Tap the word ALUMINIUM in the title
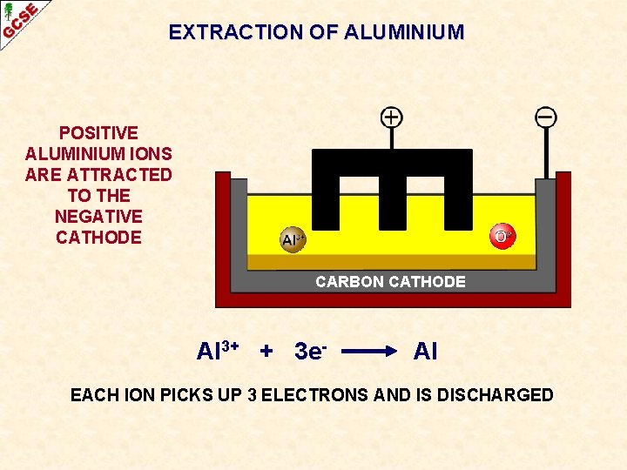pyautogui.click(x=404, y=33)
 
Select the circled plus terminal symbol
pyautogui.click(x=392, y=117)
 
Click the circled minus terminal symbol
pyautogui.click(x=546, y=117)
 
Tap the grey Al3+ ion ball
pyautogui.click(x=293, y=239)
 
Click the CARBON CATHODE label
pyautogui.click(x=390, y=282)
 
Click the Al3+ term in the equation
pyautogui.click(x=218, y=351)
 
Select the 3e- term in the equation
pyautogui.click(x=310, y=352)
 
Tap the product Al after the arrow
pyautogui.click(x=425, y=352)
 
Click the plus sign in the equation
pyautogui.click(x=266, y=352)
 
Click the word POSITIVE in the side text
pyautogui.click(x=98, y=133)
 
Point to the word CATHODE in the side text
pyautogui.click(x=98, y=238)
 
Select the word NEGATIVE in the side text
pyautogui.click(x=98, y=217)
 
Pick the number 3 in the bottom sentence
pyautogui.click(x=252, y=395)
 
